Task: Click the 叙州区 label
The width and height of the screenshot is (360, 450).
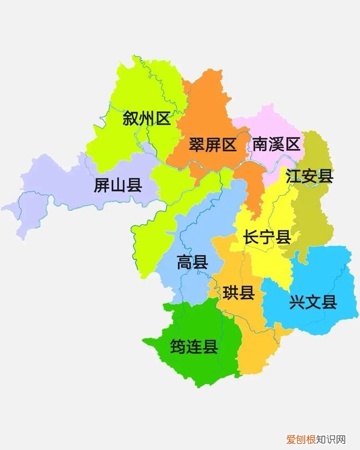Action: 147,119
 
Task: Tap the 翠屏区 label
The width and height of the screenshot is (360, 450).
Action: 213,145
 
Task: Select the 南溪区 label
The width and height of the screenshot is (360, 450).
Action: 276,145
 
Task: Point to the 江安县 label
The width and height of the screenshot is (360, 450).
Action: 310,176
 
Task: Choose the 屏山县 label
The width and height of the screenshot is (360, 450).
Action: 117,185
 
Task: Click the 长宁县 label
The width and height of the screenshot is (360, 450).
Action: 267,238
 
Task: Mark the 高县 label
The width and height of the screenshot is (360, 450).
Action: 192,262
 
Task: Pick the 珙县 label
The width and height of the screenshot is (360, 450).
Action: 239,293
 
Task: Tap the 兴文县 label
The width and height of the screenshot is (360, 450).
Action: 313,303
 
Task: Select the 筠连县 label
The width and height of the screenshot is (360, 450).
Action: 193,347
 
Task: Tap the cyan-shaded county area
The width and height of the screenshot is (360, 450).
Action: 327,277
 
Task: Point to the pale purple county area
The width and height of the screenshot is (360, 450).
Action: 55,194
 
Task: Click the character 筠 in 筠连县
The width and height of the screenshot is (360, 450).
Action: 177,347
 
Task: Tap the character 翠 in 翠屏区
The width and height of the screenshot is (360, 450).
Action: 197,145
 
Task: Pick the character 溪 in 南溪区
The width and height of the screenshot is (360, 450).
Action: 276,145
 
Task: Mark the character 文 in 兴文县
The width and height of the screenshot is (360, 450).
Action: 313,303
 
